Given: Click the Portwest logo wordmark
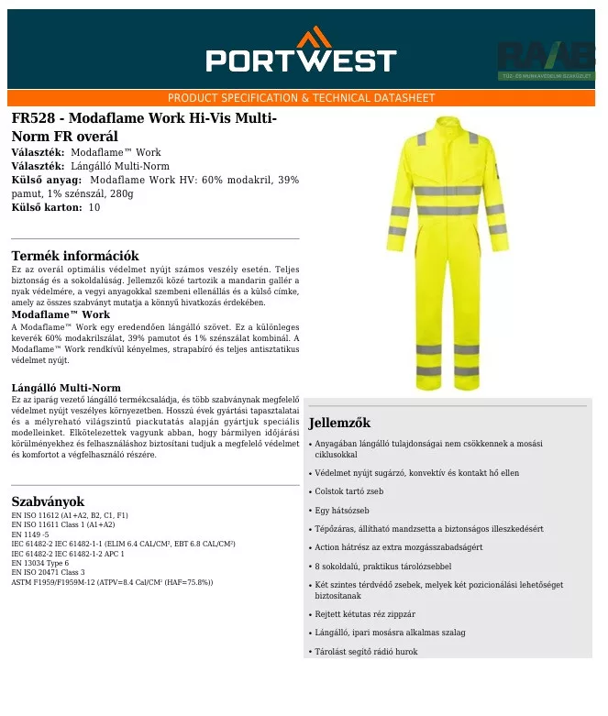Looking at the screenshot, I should tap(301, 61).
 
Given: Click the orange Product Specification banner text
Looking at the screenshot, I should tap(301, 98).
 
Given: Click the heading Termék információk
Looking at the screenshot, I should tap(75, 256).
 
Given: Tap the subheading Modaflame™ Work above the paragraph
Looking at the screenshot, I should tap(61, 314).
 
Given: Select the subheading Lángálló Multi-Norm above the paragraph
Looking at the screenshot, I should tap(66, 388).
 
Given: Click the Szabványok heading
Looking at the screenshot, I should tap(48, 501).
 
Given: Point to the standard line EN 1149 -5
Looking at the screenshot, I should tap(30, 534).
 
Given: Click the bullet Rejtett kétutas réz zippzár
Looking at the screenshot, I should tap(365, 614).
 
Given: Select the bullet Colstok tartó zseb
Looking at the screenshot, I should tap(349, 491).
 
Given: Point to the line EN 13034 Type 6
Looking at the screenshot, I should tap(39, 563).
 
